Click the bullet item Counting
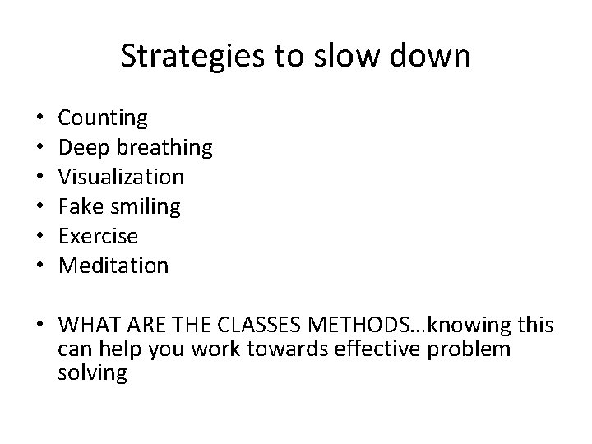pyautogui.click(x=104, y=118)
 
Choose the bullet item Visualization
pyautogui.click(x=122, y=177)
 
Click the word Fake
pyautogui.click(x=80, y=206)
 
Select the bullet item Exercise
pyautogui.click(x=99, y=236)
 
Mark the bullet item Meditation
pyautogui.click(x=114, y=266)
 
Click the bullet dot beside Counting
pyautogui.click(x=40, y=118)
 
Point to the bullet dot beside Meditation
pyautogui.click(x=40, y=266)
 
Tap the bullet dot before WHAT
pyautogui.click(x=40, y=326)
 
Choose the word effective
pyautogui.click(x=374, y=349)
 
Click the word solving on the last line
pyautogui.click(x=93, y=372)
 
